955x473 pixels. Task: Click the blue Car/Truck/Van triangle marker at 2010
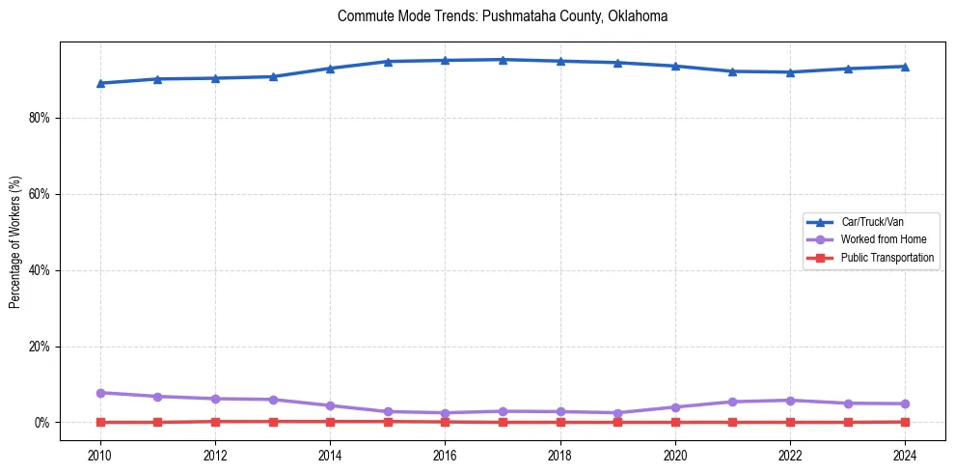[99, 83]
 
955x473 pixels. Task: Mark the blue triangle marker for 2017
[503, 60]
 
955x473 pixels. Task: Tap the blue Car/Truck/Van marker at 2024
[905, 67]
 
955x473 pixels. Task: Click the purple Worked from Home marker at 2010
[99, 393]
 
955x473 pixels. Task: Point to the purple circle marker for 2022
[790, 401]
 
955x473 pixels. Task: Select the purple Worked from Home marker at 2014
[330, 405]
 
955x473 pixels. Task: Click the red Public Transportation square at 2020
[675, 422]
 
